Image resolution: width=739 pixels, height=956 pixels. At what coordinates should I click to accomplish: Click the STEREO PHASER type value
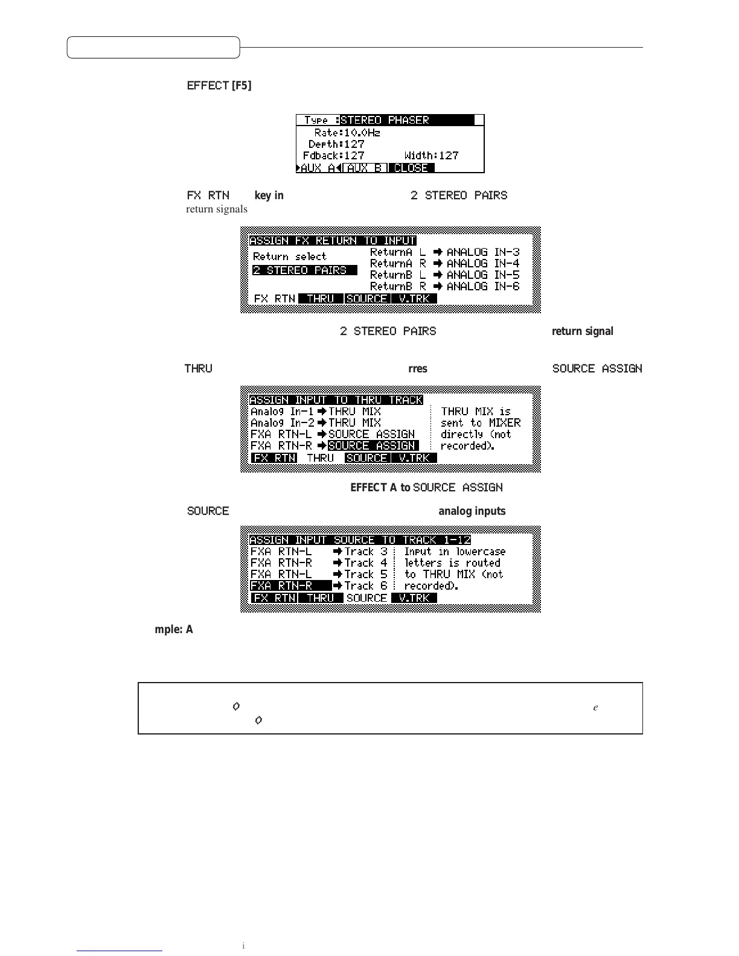coord(384,120)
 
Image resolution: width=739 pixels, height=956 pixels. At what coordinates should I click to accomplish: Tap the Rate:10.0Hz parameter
coord(347,132)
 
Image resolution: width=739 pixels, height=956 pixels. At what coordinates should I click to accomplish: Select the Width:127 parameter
coord(431,156)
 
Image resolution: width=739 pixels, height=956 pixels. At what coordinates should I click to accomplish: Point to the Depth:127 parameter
coord(336,144)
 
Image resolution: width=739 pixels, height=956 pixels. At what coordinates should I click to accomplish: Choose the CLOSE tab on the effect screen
coord(411,168)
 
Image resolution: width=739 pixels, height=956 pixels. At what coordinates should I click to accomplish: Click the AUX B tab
coord(365,168)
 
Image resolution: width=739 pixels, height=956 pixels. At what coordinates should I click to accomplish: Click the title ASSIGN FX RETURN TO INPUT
coord(333,240)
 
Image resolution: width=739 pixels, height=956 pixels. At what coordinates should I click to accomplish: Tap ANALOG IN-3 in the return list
coord(482,252)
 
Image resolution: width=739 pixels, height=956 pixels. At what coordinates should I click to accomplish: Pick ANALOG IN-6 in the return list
coord(482,286)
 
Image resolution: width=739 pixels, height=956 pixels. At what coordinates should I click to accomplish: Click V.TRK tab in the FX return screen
coord(414,299)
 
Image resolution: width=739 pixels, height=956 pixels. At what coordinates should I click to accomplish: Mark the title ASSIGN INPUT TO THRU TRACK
coord(336,400)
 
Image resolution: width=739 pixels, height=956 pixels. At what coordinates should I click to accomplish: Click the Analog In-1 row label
coord(282,412)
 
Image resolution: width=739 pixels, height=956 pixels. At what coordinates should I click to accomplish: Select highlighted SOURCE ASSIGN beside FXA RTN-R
coord(373,445)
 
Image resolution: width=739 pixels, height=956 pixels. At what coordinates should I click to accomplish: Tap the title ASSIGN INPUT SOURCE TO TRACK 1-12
coord(360,540)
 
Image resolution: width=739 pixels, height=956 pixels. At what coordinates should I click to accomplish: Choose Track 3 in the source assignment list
coord(366,551)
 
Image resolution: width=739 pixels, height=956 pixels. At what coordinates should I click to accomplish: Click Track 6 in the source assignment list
coord(366,585)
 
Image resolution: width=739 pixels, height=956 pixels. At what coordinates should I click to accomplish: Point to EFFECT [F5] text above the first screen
coord(219,86)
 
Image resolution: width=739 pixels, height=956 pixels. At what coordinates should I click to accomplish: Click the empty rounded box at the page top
coord(153,47)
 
